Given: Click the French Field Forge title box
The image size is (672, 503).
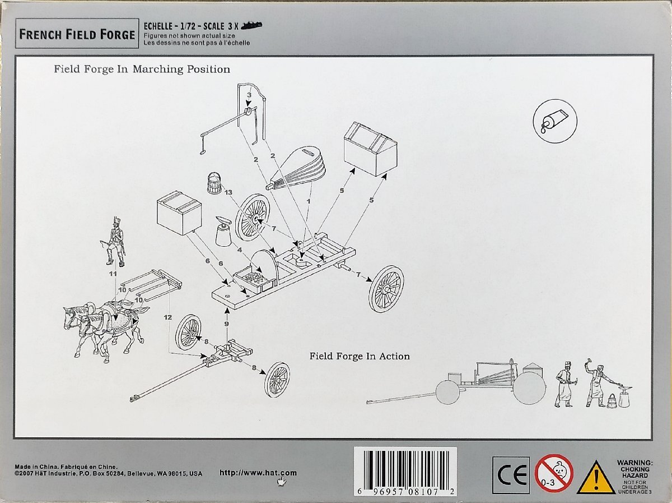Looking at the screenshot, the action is pos(77,34).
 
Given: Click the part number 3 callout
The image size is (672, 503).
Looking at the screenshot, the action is pos(249,95).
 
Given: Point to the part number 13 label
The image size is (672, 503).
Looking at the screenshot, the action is pos(227,192).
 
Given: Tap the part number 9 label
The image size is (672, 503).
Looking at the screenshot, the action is pos(226,324).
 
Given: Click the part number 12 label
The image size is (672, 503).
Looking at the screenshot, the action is pos(167,317).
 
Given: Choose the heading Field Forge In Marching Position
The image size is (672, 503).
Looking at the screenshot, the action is pos(142,70).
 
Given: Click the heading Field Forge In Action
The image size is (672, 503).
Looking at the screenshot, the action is pos(360,356).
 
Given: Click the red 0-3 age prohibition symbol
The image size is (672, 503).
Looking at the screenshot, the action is pos(553,473).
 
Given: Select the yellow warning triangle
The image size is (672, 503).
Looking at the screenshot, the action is pos(596,478).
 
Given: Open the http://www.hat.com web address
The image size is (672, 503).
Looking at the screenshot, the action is pos(258,473).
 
